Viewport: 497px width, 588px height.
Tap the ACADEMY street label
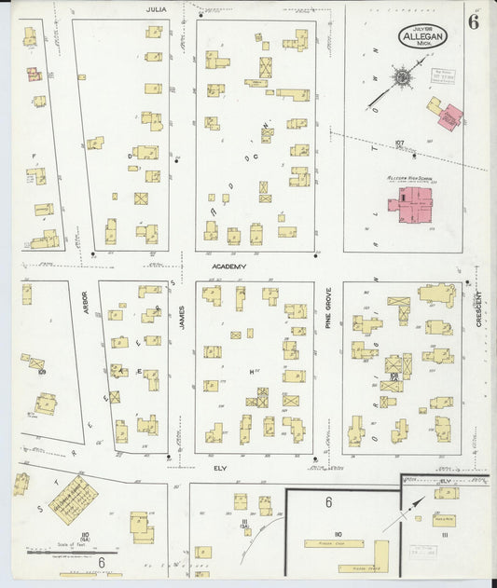[228, 267]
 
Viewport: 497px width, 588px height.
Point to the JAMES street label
[183, 318]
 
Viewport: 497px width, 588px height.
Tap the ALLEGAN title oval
[422, 36]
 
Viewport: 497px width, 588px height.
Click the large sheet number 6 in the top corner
[474, 23]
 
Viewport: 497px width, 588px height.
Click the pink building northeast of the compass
[449, 116]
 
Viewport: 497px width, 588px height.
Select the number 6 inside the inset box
[328, 502]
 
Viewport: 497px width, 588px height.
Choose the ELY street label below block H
[221, 467]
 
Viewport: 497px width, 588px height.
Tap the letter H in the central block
[252, 371]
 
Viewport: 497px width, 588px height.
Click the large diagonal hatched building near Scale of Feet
[73, 499]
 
